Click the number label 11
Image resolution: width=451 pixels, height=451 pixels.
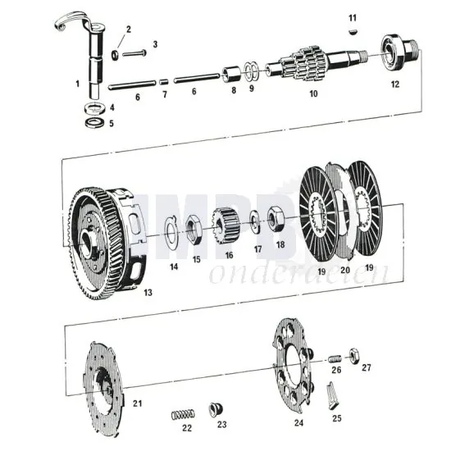tap(353, 17)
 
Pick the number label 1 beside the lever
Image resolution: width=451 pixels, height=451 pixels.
tap(78, 83)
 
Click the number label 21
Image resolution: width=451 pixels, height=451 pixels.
tap(138, 402)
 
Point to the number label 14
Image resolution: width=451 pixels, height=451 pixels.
tap(174, 266)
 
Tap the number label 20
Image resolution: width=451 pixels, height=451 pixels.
tap(344, 269)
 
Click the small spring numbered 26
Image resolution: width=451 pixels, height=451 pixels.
tap(335, 358)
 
